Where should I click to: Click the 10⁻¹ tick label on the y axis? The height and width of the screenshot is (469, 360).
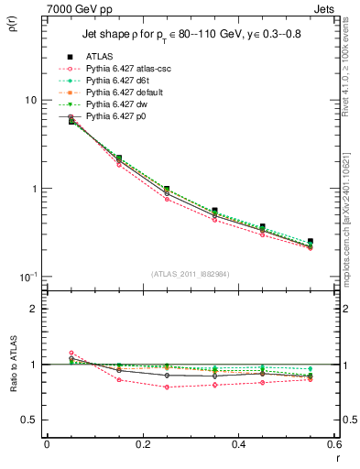(x=28, y=278)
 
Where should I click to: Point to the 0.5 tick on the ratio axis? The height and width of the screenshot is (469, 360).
(x=29, y=420)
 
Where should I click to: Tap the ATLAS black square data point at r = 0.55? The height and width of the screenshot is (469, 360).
(x=311, y=242)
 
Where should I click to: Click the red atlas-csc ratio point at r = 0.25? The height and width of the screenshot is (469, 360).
(x=167, y=387)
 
